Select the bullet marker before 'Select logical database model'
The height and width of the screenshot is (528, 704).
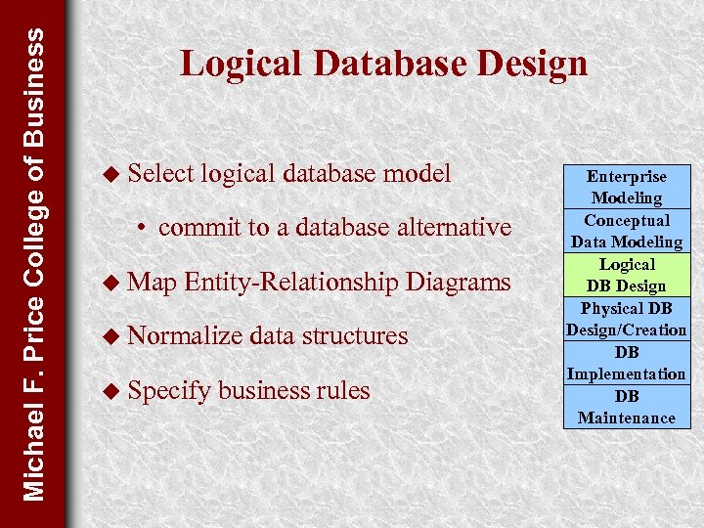[113, 174]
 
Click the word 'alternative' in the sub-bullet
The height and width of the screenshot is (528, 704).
[453, 228]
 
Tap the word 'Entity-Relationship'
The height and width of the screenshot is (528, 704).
[290, 283]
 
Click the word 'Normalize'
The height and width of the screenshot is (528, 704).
[185, 336]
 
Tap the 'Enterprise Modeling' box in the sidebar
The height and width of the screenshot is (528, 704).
[627, 187]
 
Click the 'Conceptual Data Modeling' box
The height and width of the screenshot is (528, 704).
[627, 231]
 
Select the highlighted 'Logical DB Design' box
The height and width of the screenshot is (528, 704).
[627, 275]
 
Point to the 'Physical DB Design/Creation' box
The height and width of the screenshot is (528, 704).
[627, 319]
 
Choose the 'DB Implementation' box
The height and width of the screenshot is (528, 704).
[627, 363]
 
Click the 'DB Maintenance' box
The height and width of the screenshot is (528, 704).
[627, 407]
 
